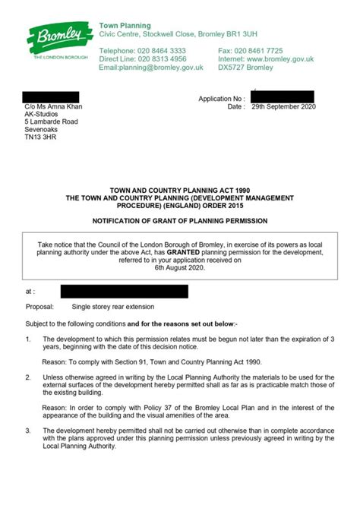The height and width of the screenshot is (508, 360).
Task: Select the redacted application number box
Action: click(282, 97)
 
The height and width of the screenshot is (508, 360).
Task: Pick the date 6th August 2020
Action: click(180, 267)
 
